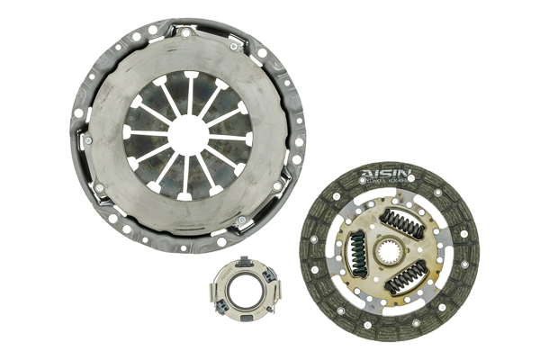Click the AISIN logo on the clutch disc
click(386, 173)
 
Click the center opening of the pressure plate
click(188, 133)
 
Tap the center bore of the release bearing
click(243, 294)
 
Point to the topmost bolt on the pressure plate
click(186, 33)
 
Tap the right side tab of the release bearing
click(273, 293)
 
